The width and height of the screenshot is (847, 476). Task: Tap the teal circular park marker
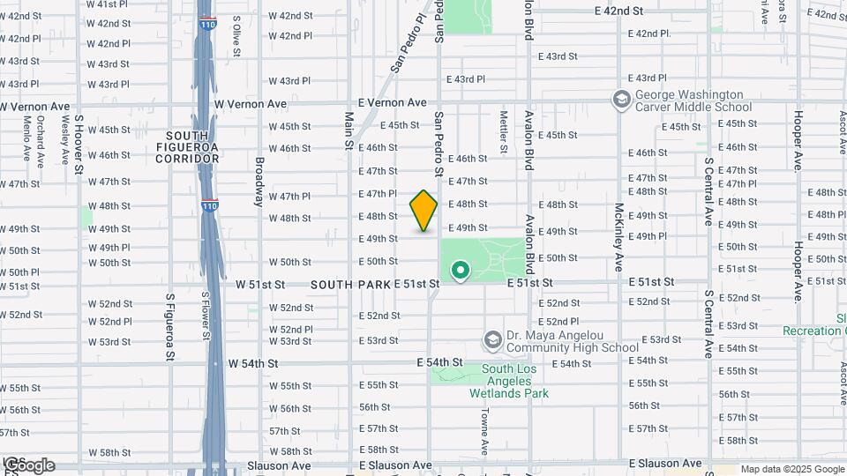[460, 270]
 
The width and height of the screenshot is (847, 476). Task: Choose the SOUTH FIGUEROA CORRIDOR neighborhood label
[187, 147]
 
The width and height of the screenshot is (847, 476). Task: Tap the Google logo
[28, 465]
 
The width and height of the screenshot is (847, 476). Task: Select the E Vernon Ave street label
[392, 103]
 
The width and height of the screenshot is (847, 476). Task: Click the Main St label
[349, 131]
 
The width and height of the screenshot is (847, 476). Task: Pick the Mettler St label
[504, 131]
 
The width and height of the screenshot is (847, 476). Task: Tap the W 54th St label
[253, 363]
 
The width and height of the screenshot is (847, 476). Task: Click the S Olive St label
[236, 36]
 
